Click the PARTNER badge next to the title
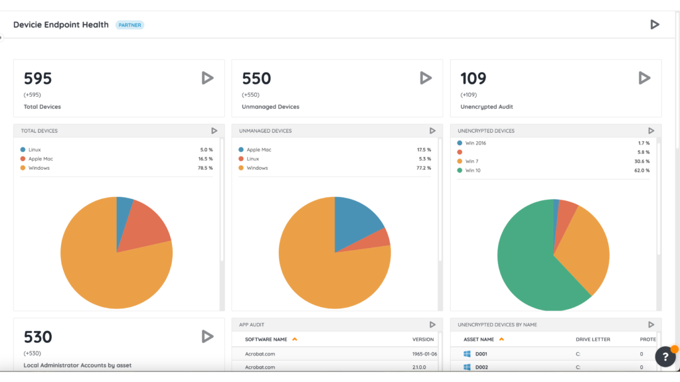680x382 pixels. click(129, 25)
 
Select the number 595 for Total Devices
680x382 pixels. click(38, 78)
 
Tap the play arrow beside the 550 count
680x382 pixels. click(426, 78)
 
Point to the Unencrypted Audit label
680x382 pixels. click(487, 107)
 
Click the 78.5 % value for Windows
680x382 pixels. click(205, 168)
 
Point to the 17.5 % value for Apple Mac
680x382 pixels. click(424, 150)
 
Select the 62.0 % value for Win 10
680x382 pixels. click(642, 170)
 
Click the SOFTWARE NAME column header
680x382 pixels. click(266, 340)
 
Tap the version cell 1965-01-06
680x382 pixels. click(424, 354)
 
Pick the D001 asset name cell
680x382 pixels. click(481, 354)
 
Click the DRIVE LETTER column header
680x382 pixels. click(593, 340)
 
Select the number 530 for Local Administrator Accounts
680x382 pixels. click(38, 337)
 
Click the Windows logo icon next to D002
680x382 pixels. click(467, 367)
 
